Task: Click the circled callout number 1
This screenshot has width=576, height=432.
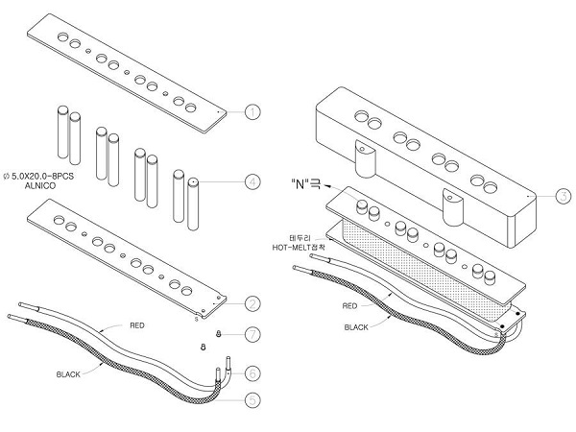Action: pos(252,111)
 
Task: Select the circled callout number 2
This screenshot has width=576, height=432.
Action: pos(252,303)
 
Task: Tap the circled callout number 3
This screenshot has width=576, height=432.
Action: pos(564,196)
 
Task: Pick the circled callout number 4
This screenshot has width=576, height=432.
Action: pos(252,181)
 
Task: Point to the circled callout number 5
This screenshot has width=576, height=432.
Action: pos(252,400)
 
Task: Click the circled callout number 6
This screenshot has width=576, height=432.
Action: pos(252,373)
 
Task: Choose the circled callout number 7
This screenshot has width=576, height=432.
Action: pos(252,334)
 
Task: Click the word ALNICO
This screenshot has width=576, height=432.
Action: pos(40,186)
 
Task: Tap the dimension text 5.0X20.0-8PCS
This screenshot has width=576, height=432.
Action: pos(42,177)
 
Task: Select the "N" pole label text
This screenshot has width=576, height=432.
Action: pos(305,183)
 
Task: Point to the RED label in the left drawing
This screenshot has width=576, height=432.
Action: pos(137,325)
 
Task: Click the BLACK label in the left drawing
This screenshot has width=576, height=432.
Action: pos(68,374)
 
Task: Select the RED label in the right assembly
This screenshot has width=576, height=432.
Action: pos(349,306)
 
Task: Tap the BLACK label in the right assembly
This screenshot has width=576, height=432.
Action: pos(356,327)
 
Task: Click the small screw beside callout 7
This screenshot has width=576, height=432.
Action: pos(219,333)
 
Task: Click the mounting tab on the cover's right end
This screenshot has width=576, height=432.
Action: pos(453,206)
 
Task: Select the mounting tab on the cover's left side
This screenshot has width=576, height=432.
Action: pos(366,158)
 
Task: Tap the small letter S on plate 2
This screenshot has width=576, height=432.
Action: pos(196,320)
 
